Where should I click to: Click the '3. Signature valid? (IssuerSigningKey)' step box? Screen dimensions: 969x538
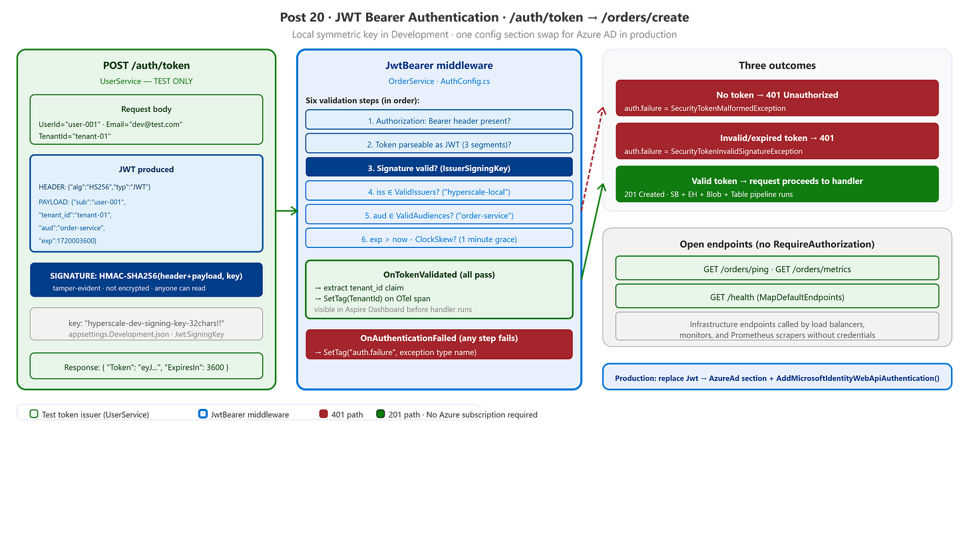439,167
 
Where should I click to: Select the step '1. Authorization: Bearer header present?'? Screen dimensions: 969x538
439,120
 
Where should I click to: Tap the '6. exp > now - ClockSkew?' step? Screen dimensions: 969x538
439,238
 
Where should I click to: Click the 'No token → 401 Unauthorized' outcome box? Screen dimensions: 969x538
777,98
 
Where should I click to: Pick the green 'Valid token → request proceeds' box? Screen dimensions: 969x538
777,184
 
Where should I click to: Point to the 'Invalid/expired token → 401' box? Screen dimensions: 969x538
777,141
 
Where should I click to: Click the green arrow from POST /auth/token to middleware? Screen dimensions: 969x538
286,211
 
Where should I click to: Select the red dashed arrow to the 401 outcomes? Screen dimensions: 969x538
592,158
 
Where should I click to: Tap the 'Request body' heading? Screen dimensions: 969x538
146,109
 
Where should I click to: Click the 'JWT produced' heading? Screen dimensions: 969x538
146,170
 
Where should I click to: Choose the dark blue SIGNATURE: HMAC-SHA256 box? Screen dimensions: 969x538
146,280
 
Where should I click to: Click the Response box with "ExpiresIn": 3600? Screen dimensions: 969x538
146,366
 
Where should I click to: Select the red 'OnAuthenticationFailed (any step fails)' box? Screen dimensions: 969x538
439,344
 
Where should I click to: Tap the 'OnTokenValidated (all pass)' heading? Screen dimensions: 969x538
439,275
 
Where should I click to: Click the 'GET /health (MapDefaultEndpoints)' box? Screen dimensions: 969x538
777,297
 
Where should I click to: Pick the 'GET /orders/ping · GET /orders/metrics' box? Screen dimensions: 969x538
777,269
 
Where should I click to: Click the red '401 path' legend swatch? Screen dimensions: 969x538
323,414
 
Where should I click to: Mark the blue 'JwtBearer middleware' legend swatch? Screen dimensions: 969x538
202,414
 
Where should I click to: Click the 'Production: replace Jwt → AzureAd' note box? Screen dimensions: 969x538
777,377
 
